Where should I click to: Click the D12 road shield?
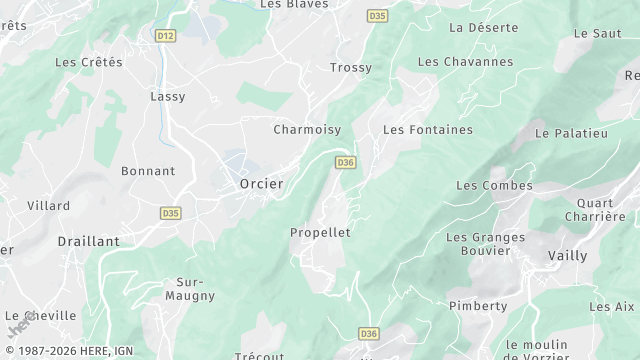click(166, 36)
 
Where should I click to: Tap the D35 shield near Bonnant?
click(170, 213)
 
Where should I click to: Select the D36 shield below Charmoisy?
click(346, 162)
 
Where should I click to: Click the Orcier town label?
click(261, 184)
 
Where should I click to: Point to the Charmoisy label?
click(307, 129)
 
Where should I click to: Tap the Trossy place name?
click(350, 68)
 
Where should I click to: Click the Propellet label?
click(320, 232)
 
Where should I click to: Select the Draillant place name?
click(88, 241)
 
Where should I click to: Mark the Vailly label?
click(567, 255)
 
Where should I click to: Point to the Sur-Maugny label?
click(189, 289)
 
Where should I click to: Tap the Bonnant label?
click(148, 171)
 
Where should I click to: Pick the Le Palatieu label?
click(571, 132)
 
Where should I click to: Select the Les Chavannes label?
click(465, 62)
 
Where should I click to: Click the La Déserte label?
click(483, 27)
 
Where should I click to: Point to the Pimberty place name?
click(477, 306)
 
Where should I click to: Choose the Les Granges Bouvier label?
click(485, 244)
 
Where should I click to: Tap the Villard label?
click(49, 205)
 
